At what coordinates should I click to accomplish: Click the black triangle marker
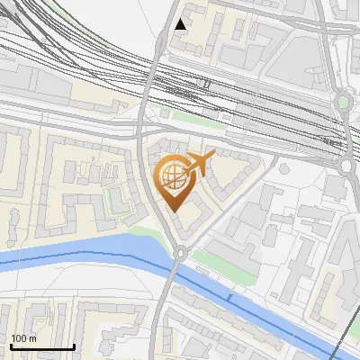(181, 24)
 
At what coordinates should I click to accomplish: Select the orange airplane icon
(199, 164)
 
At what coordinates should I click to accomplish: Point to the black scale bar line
(41, 346)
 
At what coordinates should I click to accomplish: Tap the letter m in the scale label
(33, 338)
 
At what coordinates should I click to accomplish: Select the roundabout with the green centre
(344, 101)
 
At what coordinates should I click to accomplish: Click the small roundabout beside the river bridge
(181, 254)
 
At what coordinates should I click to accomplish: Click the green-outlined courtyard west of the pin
(115, 198)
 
